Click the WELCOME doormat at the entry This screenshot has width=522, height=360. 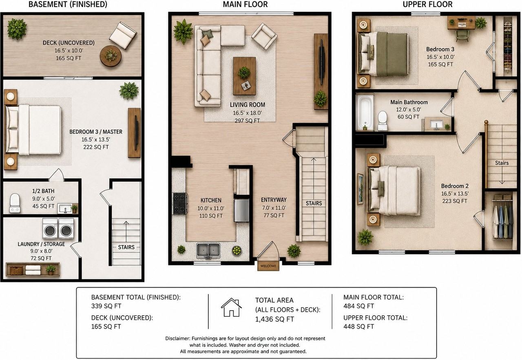click(x=268, y=266)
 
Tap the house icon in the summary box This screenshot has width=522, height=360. click(x=231, y=307)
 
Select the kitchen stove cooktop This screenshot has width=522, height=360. click(x=180, y=203)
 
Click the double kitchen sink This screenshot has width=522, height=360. click(x=208, y=251)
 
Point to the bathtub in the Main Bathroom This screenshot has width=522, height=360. click(x=365, y=112)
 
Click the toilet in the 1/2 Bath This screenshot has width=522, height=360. click(x=15, y=203)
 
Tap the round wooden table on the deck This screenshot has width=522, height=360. click(x=111, y=56)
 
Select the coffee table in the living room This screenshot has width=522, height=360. click(x=244, y=76)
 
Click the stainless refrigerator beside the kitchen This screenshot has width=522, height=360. click(x=242, y=210)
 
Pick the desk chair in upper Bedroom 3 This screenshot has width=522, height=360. click(x=462, y=35)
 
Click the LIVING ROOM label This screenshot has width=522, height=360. click(x=247, y=105)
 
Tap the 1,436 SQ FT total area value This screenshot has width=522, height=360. click(x=274, y=319)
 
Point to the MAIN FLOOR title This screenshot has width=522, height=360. click(x=245, y=4)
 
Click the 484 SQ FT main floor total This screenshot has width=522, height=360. click(x=358, y=306)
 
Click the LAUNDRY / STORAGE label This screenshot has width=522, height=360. click(x=41, y=244)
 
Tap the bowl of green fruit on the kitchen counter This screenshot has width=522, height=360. click(x=237, y=251)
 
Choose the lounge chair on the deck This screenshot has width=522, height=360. click(x=123, y=35)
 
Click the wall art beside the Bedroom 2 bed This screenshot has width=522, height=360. click(x=360, y=189)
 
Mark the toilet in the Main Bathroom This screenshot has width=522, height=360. click(x=383, y=121)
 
